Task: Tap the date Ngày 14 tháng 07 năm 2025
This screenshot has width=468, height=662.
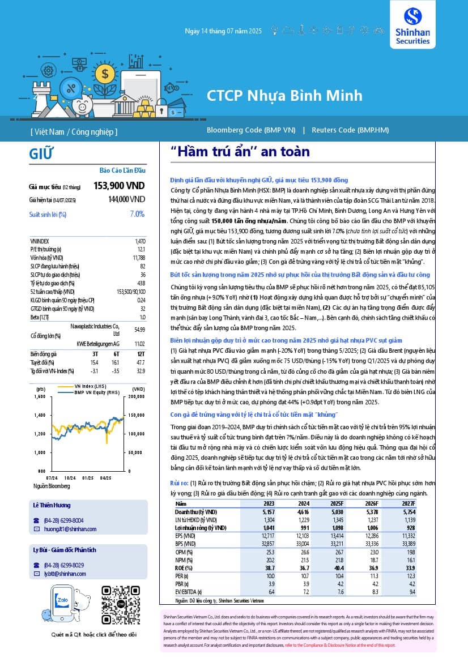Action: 223,31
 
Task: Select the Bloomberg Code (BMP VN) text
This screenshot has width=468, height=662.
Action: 251,130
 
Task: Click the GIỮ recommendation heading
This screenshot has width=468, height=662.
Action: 41,153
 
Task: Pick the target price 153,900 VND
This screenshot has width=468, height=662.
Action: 119,186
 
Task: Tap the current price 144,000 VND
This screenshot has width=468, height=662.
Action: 126,199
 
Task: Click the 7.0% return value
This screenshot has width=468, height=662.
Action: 137,214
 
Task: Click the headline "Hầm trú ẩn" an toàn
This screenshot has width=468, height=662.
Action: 240,152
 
